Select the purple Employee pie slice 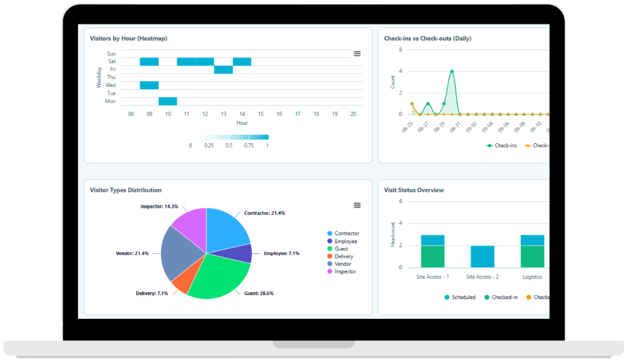pos(242,253)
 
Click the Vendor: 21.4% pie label pos(132,254)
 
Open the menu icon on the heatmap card pos(357,54)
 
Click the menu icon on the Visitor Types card pos(357,205)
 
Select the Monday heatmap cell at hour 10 pos(168,101)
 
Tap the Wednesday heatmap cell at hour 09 pos(149,85)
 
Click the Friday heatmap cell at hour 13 pos(223,70)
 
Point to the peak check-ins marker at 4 pos(452,71)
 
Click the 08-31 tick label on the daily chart pos(455,127)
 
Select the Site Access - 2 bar pos(482,257)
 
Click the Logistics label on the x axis pos(532,277)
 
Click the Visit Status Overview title pos(414,190)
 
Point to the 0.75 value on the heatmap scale pos(248,145)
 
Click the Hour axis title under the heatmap pos(242,123)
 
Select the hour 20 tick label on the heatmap pos(353,114)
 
